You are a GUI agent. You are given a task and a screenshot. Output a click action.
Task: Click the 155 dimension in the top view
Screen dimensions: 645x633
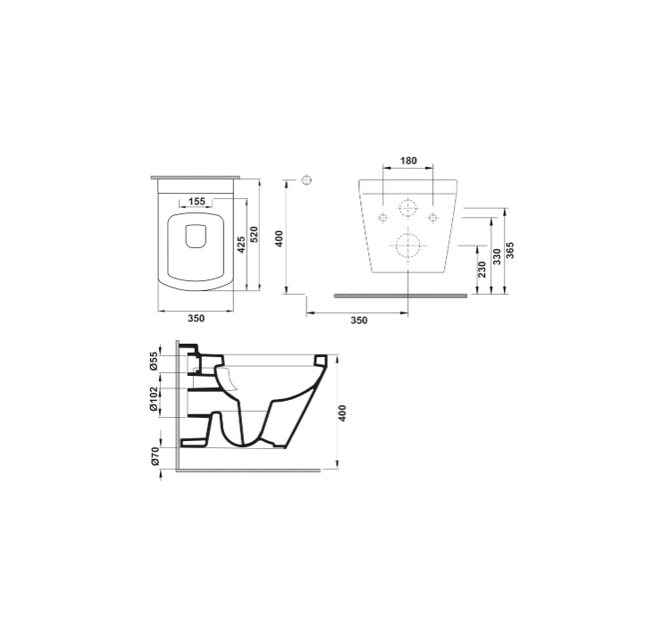[x=197, y=202]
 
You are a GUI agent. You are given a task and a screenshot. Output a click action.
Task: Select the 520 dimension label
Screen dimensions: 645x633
[x=254, y=234]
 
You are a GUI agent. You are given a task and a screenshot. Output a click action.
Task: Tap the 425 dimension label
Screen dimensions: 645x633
[x=241, y=245]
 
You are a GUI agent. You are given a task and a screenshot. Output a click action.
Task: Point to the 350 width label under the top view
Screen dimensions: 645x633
[x=197, y=318]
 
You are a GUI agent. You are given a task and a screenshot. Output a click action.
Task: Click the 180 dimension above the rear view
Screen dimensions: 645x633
[x=408, y=161]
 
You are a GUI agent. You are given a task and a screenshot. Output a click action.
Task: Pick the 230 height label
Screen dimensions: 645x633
[x=482, y=270]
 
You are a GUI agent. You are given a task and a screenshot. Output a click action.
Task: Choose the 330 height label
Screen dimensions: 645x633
[x=497, y=256]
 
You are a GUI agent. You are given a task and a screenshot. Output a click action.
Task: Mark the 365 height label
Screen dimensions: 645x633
[x=510, y=250]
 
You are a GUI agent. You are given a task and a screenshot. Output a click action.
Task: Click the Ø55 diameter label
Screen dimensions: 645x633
[x=154, y=362]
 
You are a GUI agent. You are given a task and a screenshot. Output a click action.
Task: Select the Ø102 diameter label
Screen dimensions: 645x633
[x=154, y=399]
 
